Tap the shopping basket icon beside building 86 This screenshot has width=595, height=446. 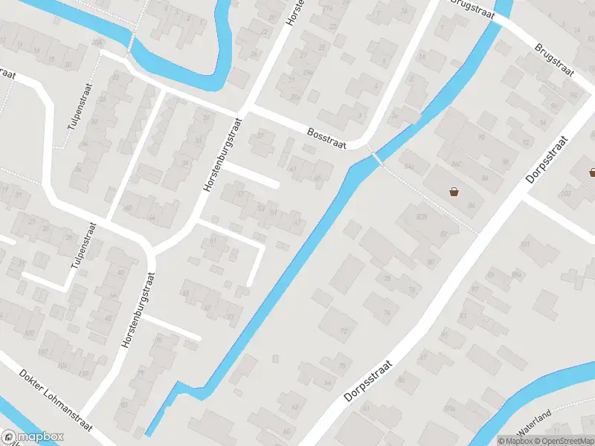[x=454, y=192]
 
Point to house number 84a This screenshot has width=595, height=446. [x=406, y=167]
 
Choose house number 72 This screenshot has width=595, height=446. [x=344, y=332]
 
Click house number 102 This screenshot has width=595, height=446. [x=42, y=352]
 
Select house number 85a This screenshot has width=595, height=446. [x=449, y=408]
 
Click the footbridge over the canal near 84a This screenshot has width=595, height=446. [x=376, y=157]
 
